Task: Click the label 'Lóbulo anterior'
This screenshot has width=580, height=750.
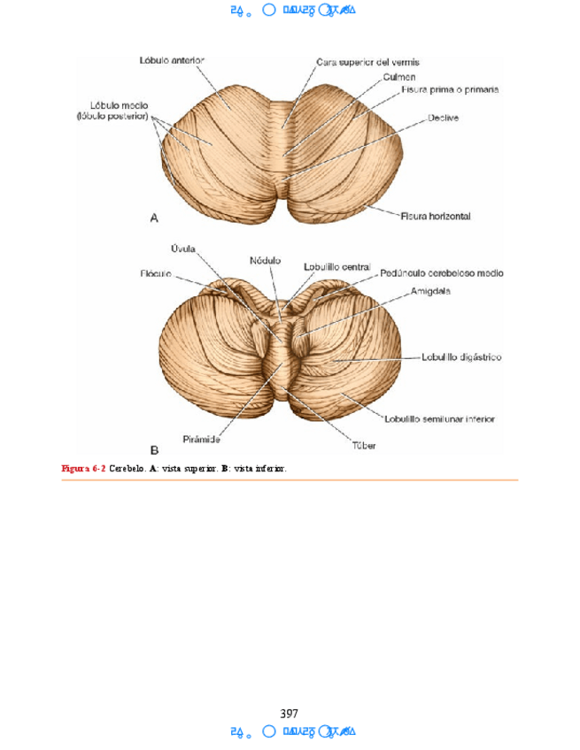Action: coord(173,61)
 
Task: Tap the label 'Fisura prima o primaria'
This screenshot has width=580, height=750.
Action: coord(450,89)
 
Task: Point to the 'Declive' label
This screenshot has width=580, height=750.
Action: coord(443,118)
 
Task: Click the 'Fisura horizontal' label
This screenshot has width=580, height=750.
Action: coord(437,216)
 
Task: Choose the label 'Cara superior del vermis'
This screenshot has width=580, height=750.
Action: coord(367,62)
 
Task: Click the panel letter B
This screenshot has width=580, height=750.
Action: coord(153,449)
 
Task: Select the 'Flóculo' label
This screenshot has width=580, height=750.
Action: coord(155,273)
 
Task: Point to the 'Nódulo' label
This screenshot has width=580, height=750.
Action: coord(265,260)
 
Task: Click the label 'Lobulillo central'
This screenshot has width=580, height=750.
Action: coord(336,265)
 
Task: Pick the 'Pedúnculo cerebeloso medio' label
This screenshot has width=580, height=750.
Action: coord(443,274)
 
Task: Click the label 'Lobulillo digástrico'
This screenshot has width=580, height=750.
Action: coord(461,357)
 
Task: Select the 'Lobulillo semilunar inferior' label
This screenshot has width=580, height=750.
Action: coord(440,418)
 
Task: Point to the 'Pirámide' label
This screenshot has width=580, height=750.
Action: coord(203,440)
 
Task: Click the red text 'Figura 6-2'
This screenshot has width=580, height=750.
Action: coord(83,468)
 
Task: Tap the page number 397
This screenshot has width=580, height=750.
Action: coord(289,713)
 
